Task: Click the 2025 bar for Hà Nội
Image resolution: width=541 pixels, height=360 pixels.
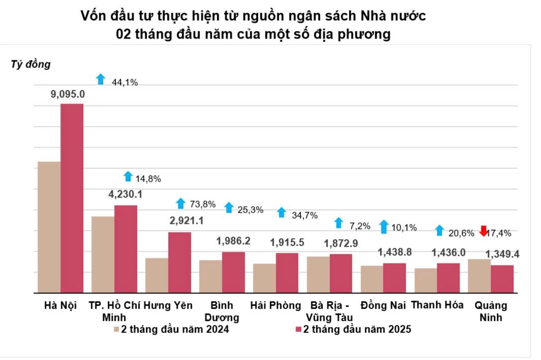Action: tap(72, 198)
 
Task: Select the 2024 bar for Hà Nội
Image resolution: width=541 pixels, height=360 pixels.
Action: tap(49, 227)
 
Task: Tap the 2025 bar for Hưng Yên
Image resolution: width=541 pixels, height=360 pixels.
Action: tap(179, 262)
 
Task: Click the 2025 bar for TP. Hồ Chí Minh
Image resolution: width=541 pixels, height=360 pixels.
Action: tap(125, 249)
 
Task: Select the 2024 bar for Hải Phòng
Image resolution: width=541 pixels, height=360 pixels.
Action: tap(264, 278)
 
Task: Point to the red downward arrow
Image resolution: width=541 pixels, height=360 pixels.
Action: tap(484, 231)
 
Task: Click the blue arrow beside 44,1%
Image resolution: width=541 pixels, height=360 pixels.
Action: tap(101, 79)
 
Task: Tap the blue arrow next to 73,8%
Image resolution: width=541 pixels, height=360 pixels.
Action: tap(180, 203)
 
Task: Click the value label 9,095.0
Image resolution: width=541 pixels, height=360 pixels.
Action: tap(68, 94)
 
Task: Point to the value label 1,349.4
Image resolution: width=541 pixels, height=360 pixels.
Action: tap(506, 254)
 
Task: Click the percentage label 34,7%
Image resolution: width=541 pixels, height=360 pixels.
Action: tap(304, 215)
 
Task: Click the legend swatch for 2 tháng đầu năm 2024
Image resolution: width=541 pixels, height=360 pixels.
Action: tap(116, 330)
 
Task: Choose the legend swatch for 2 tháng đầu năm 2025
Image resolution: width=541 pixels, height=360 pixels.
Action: tap(299, 330)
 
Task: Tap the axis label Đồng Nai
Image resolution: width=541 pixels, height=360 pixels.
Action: tap(383, 305)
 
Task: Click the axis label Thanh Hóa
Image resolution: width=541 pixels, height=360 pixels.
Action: tap(437, 305)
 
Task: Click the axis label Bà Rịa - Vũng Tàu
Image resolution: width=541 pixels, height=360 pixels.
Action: tap(329, 311)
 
